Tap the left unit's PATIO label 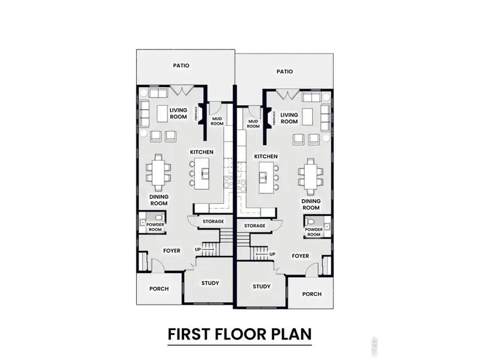[182, 66]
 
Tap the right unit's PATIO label [285, 71]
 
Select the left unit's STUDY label [209, 283]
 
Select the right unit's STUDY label [262, 287]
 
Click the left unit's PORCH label [158, 289]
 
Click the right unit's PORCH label [312, 294]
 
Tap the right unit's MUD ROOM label [253, 124]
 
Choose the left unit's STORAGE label [213, 221]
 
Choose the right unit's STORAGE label [254, 226]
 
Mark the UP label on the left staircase [197, 249]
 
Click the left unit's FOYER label [172, 250]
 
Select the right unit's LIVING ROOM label [290, 118]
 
